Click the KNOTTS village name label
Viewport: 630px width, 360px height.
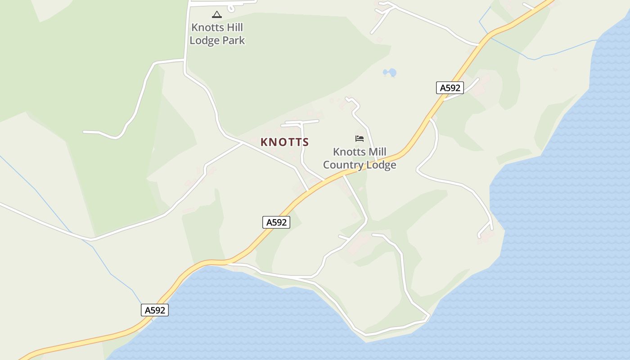pos(284,142)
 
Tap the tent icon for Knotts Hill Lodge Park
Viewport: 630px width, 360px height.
pos(217,15)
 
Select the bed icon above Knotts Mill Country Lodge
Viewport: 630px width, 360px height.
pos(359,139)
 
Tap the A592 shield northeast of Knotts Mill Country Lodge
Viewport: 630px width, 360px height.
pos(450,88)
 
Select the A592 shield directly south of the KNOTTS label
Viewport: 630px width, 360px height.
pos(276,222)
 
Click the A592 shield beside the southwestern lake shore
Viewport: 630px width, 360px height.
pos(154,310)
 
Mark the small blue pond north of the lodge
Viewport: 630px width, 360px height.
pos(390,72)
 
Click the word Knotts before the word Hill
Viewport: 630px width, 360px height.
pos(207,27)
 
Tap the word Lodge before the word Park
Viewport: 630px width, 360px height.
pos(205,40)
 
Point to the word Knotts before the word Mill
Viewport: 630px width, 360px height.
pos(349,152)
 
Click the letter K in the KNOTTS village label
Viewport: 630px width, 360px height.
pos(264,142)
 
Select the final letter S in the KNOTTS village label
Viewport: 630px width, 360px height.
pos(306,142)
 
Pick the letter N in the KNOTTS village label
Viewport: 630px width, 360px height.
pos(272,142)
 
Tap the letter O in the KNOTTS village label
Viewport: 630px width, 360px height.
pos(281,142)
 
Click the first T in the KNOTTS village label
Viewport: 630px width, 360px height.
pos(289,142)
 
